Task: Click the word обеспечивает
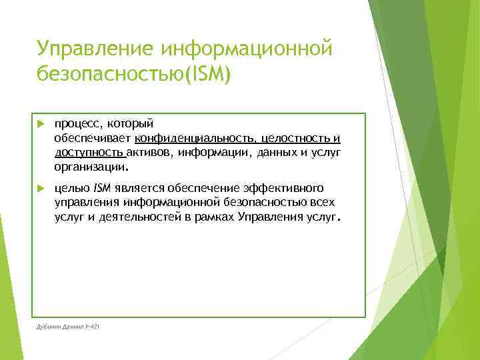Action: tap(93, 139)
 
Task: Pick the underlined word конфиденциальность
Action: tap(194, 139)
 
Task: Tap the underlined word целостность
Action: tap(293, 139)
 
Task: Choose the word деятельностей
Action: tap(137, 217)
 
